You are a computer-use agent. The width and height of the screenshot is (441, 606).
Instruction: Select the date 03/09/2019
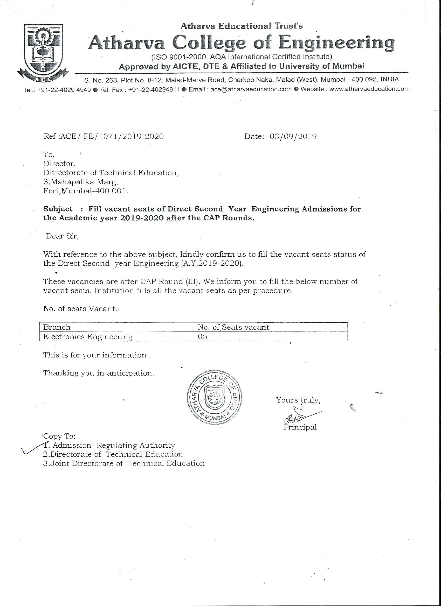293,137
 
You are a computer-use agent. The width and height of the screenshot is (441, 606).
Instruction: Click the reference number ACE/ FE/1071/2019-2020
112,137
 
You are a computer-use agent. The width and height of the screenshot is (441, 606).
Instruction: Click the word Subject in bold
58,209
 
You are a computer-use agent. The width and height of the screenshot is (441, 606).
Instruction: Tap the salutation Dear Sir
62,236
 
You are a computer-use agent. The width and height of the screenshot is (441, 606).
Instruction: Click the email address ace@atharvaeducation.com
251,89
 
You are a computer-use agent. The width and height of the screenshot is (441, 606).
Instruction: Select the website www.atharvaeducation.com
369,89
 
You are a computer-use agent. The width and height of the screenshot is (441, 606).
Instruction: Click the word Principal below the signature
300,427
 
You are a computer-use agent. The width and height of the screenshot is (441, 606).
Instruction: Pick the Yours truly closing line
298,400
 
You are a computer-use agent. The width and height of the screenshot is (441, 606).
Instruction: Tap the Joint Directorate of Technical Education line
123,463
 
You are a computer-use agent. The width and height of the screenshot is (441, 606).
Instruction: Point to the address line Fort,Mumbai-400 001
86,191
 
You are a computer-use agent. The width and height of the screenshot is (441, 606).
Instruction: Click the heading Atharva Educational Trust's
242,26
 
